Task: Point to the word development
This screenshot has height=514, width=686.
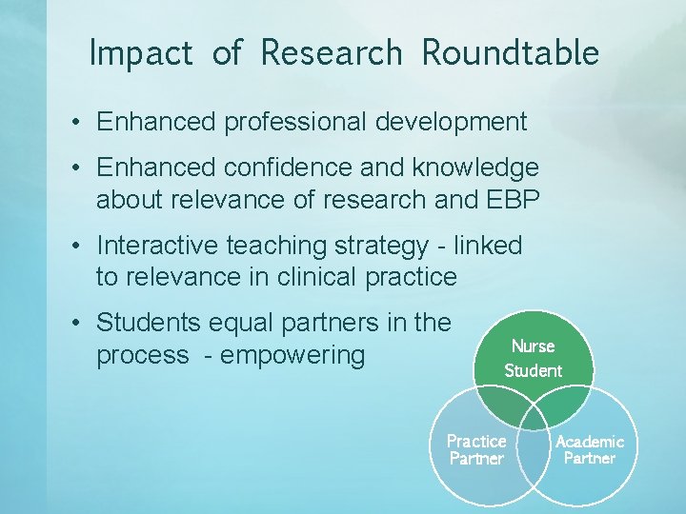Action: click(452, 122)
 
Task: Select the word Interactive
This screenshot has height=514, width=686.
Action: click(158, 246)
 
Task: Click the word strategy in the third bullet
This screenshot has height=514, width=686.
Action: click(382, 247)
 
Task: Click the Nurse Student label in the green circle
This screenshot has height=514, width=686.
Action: click(533, 358)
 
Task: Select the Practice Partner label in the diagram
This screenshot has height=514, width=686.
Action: click(476, 449)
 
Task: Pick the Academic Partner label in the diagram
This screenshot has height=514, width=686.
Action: click(590, 449)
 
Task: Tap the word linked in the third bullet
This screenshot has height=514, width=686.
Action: click(488, 246)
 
